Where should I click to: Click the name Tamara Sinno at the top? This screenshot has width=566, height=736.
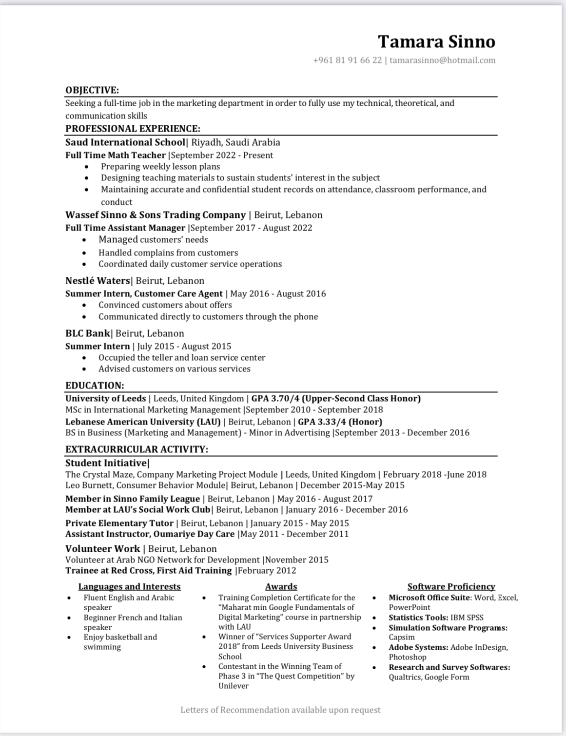pos(436,42)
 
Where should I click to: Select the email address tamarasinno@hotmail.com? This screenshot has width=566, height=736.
pos(442,60)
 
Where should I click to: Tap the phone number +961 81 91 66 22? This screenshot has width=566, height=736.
pos(347,60)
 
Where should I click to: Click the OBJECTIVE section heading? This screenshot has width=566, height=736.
pos(92,90)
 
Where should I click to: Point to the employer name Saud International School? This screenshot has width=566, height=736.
pos(125,142)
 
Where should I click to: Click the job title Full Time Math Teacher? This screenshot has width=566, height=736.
pos(116,155)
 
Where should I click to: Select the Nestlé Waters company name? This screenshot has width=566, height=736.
pos(98,281)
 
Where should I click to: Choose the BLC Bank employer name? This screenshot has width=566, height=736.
pos(88,333)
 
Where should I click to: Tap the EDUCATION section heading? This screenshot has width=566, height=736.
pos(95,386)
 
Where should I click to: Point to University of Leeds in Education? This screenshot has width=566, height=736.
pos(106,398)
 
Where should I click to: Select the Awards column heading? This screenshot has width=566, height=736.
pos(281,586)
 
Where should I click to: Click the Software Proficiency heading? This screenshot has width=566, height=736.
pos(451,586)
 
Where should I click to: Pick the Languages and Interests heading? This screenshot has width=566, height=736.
pos(129,586)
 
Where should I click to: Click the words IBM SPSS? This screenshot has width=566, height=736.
pos(467,618)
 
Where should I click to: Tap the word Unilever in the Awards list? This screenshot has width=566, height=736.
pos(233,686)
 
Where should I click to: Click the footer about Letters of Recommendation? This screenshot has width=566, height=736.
pos(280,710)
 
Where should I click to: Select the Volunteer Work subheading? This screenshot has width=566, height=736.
pos(102,549)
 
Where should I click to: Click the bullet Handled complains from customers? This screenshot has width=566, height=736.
pos(168,252)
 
